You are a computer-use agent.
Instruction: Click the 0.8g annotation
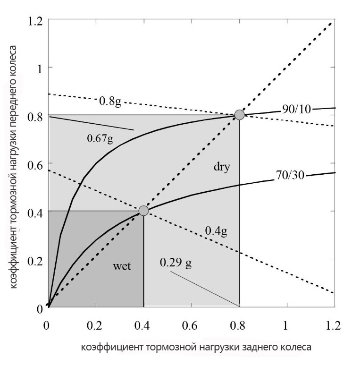(x=110, y=101)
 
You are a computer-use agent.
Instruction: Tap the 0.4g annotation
(x=217, y=231)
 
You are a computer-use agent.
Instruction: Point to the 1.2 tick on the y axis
(x=35, y=20)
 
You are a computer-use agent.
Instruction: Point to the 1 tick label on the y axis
(x=40, y=68)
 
